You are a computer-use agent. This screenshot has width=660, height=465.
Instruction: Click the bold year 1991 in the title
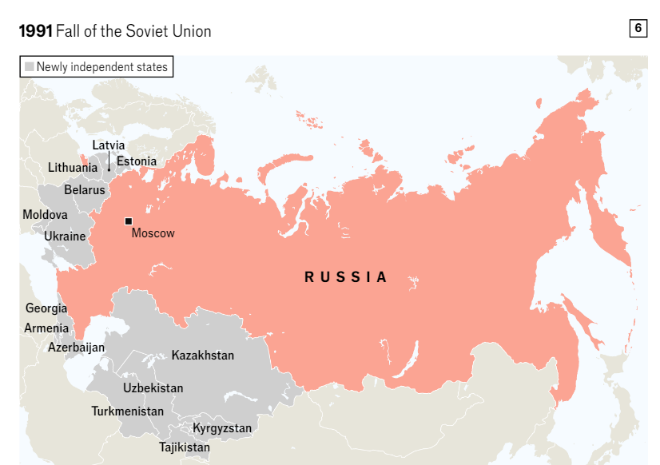pos(35,31)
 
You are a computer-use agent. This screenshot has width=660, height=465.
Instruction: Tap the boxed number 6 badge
pos(638,28)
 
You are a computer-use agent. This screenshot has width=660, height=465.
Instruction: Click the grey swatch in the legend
pos(30,67)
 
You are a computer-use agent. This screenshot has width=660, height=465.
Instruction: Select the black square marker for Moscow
pos(128,221)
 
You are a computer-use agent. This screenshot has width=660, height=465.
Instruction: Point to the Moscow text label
pos(153,233)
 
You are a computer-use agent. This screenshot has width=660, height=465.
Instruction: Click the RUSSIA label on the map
pos(346,277)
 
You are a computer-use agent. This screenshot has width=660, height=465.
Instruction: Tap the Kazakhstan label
pos(203,355)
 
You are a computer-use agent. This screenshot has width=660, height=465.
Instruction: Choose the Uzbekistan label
pos(153,388)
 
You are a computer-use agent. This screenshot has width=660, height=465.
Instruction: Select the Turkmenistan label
pos(128,411)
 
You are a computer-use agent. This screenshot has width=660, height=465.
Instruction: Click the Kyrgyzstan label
pos(222,428)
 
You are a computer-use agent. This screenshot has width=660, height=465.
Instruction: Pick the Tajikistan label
pos(185,447)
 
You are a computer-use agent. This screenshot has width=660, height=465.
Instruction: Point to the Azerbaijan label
pos(76,348)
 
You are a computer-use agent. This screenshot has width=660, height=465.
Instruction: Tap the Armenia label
pos(46,328)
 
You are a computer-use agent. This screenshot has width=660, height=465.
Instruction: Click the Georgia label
pos(46,308)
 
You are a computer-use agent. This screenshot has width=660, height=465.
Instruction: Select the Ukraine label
pos(65,236)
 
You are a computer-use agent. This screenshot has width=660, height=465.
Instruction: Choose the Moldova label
pos(45,215)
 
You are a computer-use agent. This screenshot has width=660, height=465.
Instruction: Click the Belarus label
pos(85,190)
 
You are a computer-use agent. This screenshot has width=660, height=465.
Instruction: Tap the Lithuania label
pos(73,168)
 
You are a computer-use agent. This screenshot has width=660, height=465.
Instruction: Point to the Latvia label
pos(109,145)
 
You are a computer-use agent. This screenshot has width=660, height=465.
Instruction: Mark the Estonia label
pos(137,161)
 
